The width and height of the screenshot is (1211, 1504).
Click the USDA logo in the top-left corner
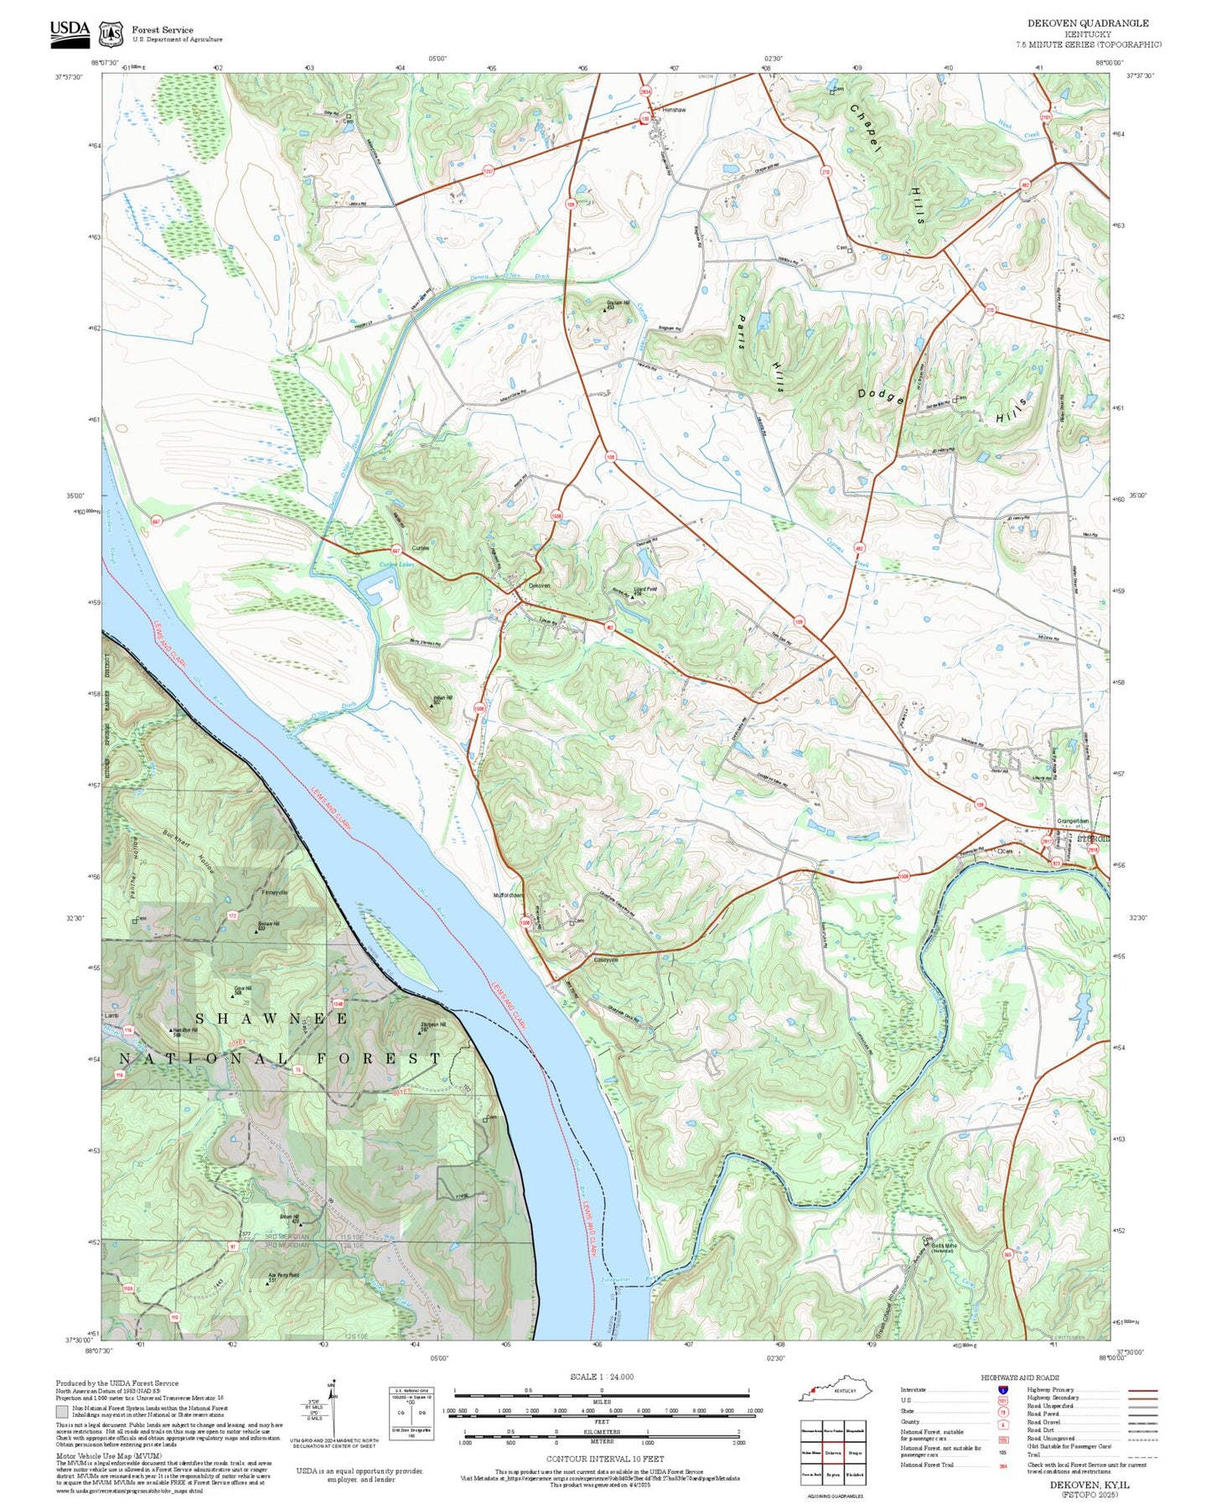pyautogui.click(x=69, y=31)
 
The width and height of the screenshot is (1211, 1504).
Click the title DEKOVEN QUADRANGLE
pyautogui.click(x=1088, y=23)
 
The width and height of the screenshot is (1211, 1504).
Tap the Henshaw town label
pyautogui.click(x=674, y=110)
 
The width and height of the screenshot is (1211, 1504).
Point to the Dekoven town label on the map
pyautogui.click(x=539, y=585)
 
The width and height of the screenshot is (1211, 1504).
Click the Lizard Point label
pyautogui.click(x=645, y=589)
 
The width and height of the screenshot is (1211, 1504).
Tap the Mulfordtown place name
pyautogui.click(x=508, y=895)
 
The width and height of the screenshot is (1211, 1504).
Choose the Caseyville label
pyautogui.click(x=605, y=959)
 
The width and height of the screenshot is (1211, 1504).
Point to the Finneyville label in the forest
pyautogui.click(x=275, y=892)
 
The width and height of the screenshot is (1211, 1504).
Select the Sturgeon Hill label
pyautogui.click(x=432, y=1024)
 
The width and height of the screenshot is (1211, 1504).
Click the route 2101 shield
pyautogui.click(x=1045, y=117)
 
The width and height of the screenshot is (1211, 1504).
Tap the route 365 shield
pyautogui.click(x=1007, y=1254)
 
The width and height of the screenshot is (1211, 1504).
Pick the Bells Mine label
pyautogui.click(x=944, y=1245)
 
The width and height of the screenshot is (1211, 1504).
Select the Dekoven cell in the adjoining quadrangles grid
pyautogui.click(x=832, y=1452)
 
